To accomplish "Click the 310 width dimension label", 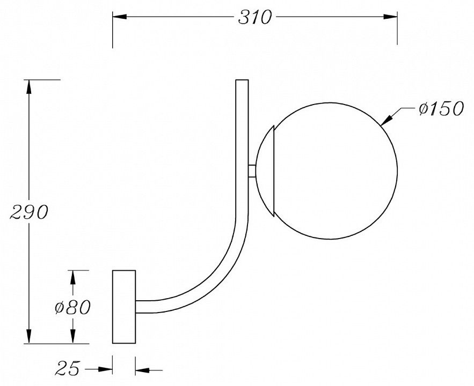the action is tap(255, 17).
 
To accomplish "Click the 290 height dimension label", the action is tap(29, 212).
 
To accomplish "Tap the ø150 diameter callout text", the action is tap(441, 108).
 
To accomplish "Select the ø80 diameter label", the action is tap(72, 308).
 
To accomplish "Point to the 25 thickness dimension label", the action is tap(68, 368).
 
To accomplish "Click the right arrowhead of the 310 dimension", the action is tap(390, 17).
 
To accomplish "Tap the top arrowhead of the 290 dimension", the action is tap(29, 87).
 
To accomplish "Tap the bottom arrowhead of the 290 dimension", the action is tap(29, 336).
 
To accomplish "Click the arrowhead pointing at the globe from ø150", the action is tap(387, 120).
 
